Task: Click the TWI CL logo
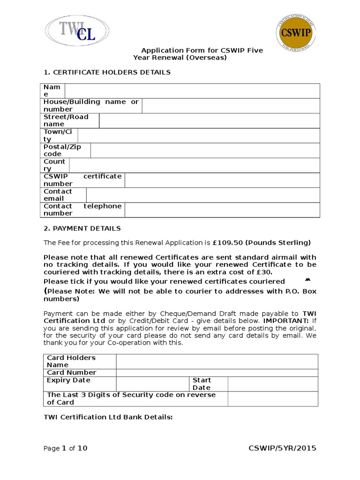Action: coord(76,30)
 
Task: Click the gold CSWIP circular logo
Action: coord(296,34)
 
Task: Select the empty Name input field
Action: coord(192,91)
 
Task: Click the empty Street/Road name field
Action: coord(209,120)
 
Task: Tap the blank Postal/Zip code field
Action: coord(205,150)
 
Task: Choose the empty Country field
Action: coord(194,165)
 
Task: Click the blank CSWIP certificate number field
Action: coord(222,180)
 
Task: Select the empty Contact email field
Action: coord(202,195)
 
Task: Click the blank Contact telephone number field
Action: coord(222,210)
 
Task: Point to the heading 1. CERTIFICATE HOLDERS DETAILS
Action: coord(107,72)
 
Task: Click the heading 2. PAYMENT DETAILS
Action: coord(82,228)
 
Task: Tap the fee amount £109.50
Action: coord(228,243)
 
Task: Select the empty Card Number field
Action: coord(217,373)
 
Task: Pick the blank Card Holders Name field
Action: coord(217,361)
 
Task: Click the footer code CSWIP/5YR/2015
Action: coord(282,448)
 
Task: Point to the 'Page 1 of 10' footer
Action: coord(65,448)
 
